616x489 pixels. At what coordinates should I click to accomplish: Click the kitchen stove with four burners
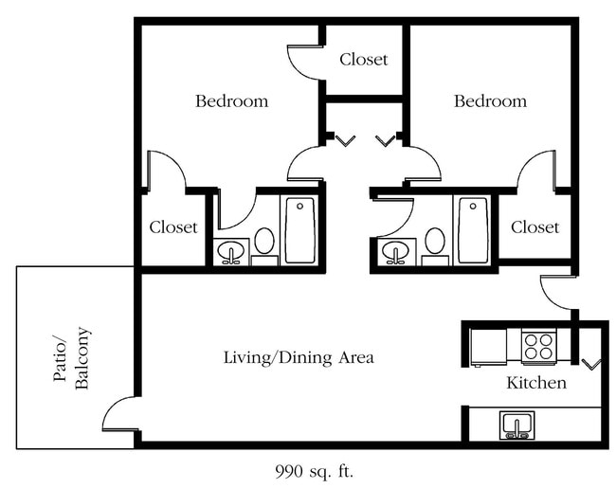pos(538,346)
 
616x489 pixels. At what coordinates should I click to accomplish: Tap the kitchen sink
pos(516,426)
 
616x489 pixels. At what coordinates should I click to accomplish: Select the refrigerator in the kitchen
pos(488,348)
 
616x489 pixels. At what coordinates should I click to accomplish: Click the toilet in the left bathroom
pos(264,245)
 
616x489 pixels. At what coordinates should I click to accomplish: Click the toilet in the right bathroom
pos(435,245)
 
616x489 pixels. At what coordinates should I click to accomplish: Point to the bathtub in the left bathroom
pos(299,230)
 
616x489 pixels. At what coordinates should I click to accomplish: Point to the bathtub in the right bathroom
pos(473,230)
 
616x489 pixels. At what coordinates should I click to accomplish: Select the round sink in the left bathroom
pos(231,252)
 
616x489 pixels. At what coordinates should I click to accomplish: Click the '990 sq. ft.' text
pos(315,471)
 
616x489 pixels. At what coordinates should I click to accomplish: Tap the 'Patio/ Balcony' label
pos(71,358)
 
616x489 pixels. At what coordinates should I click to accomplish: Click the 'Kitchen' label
pos(536,383)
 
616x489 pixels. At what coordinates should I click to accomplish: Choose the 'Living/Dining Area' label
pos(299,358)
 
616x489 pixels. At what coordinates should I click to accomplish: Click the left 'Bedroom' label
pos(232,101)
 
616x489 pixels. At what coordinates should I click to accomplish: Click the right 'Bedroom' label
pos(490,101)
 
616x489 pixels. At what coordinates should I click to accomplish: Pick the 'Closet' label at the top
pos(364,60)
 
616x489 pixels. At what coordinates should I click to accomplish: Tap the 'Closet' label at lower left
pos(173,227)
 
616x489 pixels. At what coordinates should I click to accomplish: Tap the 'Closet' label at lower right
pos(535,227)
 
